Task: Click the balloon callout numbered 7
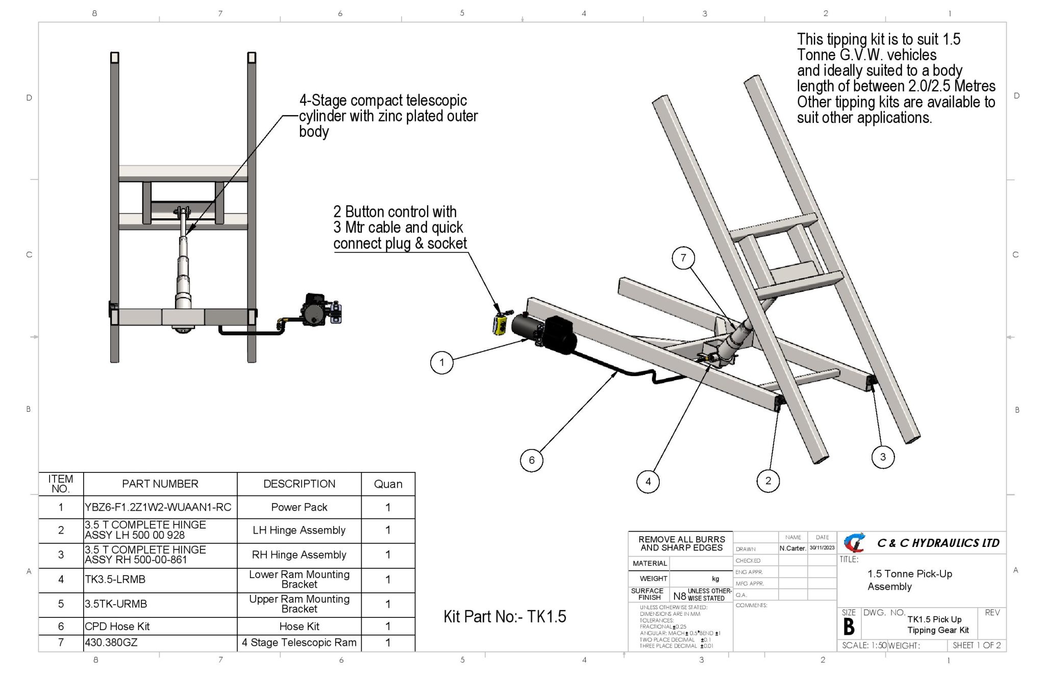click(683, 258)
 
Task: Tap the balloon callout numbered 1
click(442, 363)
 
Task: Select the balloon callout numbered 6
click(532, 460)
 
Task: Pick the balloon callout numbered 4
click(648, 481)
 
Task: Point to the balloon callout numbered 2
click(768, 481)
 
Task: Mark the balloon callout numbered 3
click(883, 457)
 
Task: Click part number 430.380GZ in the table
click(111, 643)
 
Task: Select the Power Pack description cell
click(300, 507)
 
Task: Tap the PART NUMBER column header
click(160, 484)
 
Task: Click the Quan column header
click(388, 484)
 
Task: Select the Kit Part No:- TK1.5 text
click(505, 616)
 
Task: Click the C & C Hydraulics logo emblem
click(855, 543)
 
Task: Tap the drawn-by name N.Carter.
click(793, 548)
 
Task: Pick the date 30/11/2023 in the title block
click(822, 548)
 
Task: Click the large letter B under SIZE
click(849, 627)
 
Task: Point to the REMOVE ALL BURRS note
click(682, 544)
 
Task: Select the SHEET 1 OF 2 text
click(977, 645)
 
